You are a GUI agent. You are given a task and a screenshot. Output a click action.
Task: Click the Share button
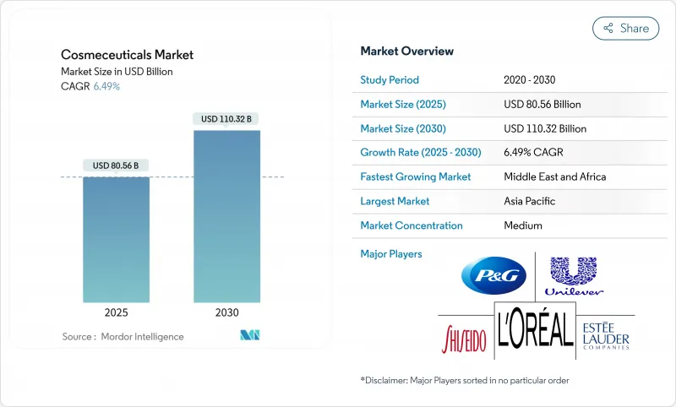pos(626,28)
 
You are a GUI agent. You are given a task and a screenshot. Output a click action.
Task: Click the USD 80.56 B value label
pos(117,165)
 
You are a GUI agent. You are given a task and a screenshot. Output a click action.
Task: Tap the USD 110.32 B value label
pos(226,119)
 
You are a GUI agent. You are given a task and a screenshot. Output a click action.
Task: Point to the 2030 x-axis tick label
pos(226,312)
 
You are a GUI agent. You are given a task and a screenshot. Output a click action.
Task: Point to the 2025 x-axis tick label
pos(117,312)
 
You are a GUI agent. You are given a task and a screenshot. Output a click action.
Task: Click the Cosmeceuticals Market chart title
pos(128,55)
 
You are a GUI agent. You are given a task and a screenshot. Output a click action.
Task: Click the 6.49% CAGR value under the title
pos(106,86)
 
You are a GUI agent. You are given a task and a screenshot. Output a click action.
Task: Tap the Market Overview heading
pos(406,52)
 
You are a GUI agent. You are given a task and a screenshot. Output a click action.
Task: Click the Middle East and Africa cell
pos(554,177)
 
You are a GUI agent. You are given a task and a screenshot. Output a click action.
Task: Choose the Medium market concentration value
pos(522,226)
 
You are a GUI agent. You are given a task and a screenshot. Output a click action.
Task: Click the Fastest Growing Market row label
pos(416,177)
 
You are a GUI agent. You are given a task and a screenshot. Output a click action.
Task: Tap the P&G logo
pos(493,276)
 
